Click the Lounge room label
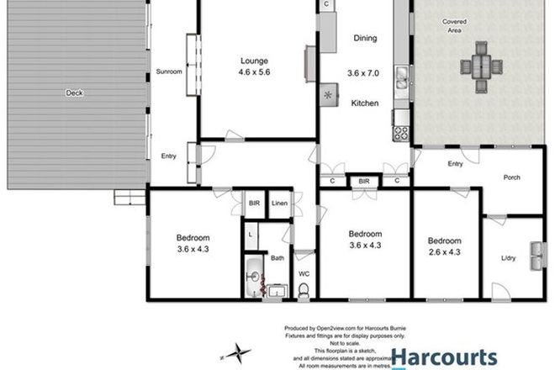254,60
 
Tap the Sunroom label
169,71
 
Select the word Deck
74,93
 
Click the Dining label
364,38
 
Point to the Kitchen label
364,103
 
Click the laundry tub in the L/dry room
536,252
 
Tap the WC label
304,273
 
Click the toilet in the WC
304,289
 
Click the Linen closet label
279,203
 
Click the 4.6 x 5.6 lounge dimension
254,71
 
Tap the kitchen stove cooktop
400,132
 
